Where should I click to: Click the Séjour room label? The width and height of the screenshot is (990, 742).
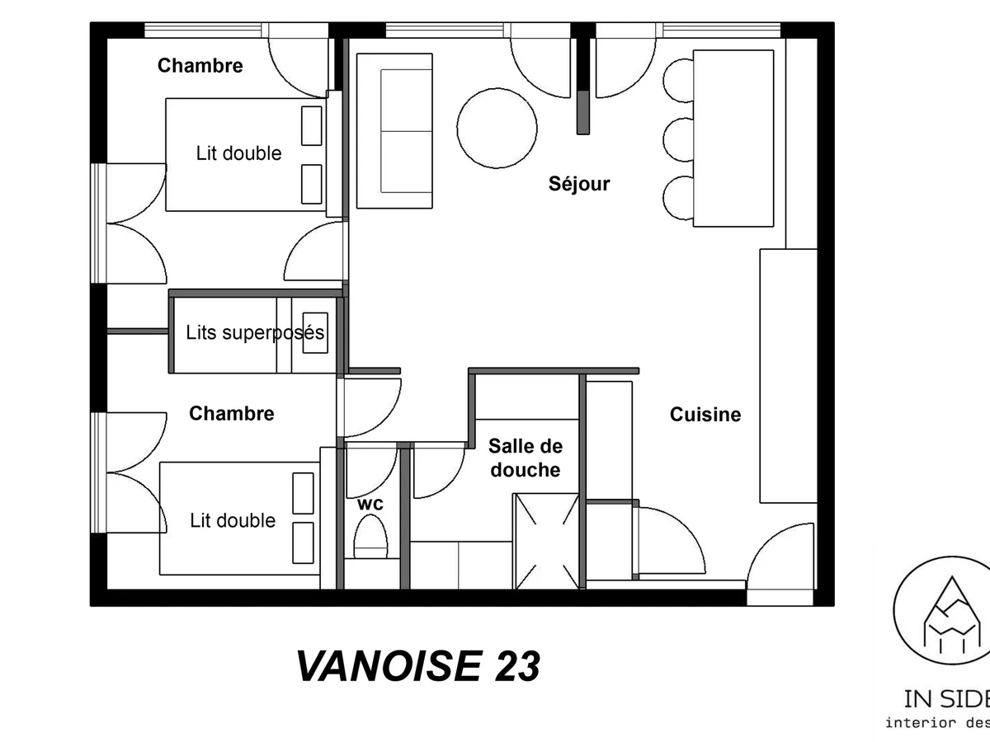[x=579, y=184]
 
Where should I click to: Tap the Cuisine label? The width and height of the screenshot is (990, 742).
[x=705, y=415]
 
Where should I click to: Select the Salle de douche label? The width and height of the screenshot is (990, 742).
[x=525, y=458]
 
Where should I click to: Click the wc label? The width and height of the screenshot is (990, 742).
[x=370, y=503]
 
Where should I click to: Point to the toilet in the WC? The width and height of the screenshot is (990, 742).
[x=370, y=538]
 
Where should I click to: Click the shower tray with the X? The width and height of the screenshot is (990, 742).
[x=545, y=540]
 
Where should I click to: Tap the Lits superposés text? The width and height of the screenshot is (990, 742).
[x=255, y=334]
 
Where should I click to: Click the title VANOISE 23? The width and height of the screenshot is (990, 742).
[x=418, y=666]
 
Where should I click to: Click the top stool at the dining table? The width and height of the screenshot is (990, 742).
[x=679, y=80]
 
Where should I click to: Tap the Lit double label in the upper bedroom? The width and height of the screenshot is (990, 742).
[x=238, y=153]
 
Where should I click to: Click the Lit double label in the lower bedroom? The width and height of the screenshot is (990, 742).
[x=233, y=521]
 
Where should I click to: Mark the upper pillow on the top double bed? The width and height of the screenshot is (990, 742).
[x=311, y=125]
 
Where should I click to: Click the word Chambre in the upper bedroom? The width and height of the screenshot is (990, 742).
[x=200, y=66]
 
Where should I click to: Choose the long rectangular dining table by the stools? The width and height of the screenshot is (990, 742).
[x=733, y=138]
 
